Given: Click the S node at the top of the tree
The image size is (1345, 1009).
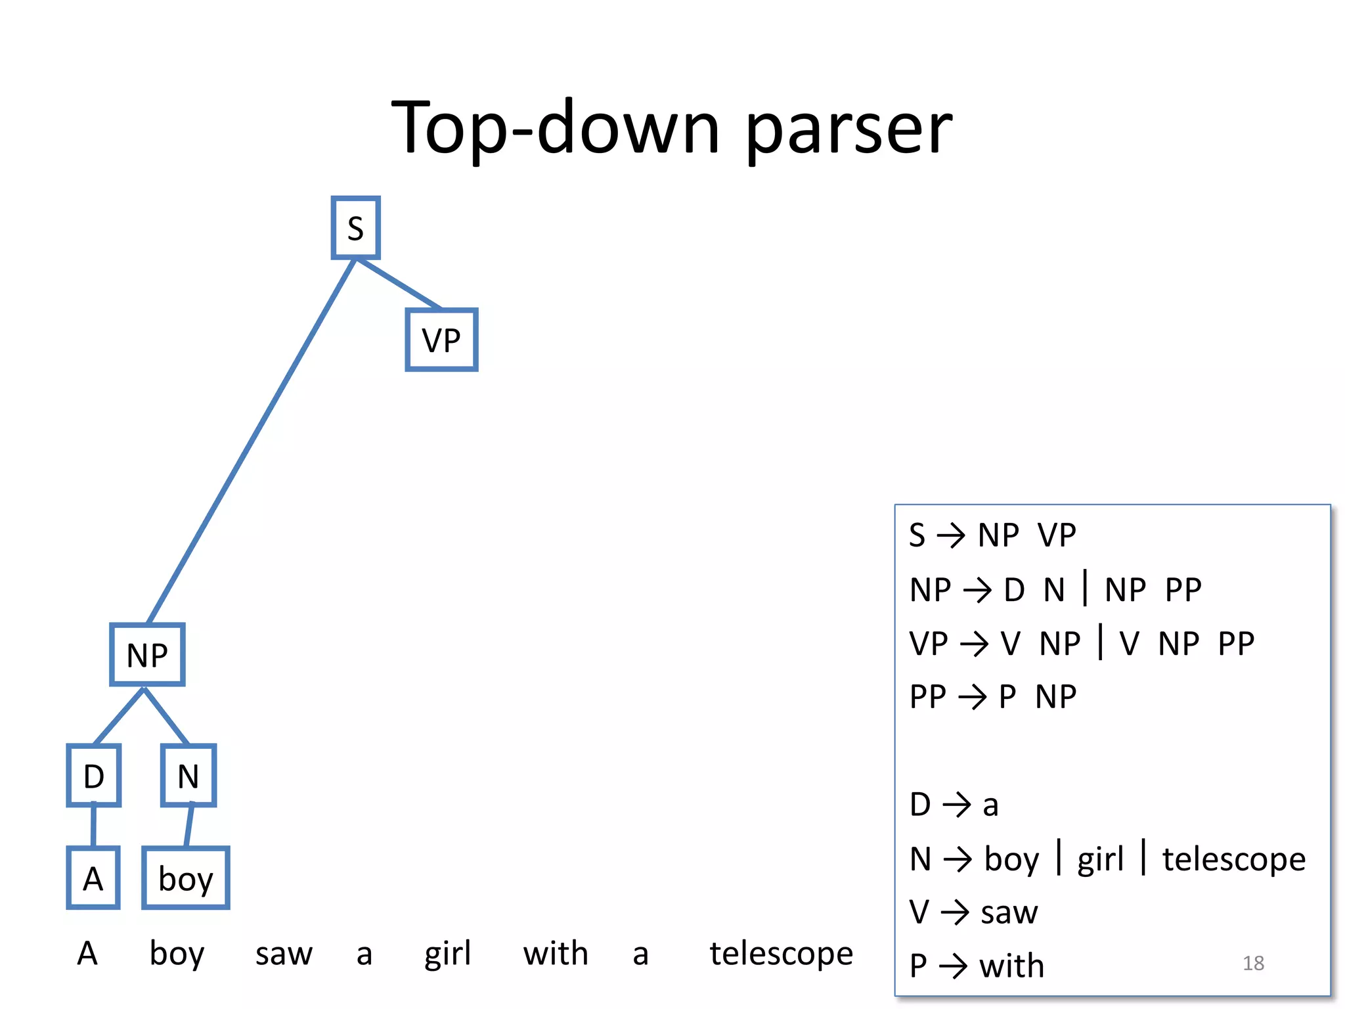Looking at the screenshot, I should click(355, 228).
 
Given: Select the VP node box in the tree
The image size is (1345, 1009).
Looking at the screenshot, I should click(441, 340).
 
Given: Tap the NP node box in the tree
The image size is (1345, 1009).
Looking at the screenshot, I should click(147, 655).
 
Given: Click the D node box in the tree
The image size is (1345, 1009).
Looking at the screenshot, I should click(94, 776).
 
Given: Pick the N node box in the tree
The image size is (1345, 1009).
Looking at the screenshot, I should click(188, 776).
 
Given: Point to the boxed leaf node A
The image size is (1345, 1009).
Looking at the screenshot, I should click(93, 878).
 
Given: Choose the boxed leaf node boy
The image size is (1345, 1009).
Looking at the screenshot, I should click(186, 878).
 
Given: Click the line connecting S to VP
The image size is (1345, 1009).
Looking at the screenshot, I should click(398, 284).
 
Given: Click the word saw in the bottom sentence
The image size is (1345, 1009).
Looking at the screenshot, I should click(284, 954).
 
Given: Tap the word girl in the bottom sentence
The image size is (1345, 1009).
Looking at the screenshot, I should click(447, 954).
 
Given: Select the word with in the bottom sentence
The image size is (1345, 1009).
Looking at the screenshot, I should click(556, 954).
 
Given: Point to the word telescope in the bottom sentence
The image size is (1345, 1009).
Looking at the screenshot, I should click(781, 954).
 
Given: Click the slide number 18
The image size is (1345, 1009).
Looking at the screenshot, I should click(1253, 963).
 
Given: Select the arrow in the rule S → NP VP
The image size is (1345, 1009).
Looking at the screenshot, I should click(951, 535).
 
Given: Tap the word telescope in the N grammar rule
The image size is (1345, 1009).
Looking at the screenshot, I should click(1234, 859).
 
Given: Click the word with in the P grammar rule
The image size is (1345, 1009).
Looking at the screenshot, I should click(1011, 966).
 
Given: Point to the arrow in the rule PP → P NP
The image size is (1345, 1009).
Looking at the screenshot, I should click(973, 697).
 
